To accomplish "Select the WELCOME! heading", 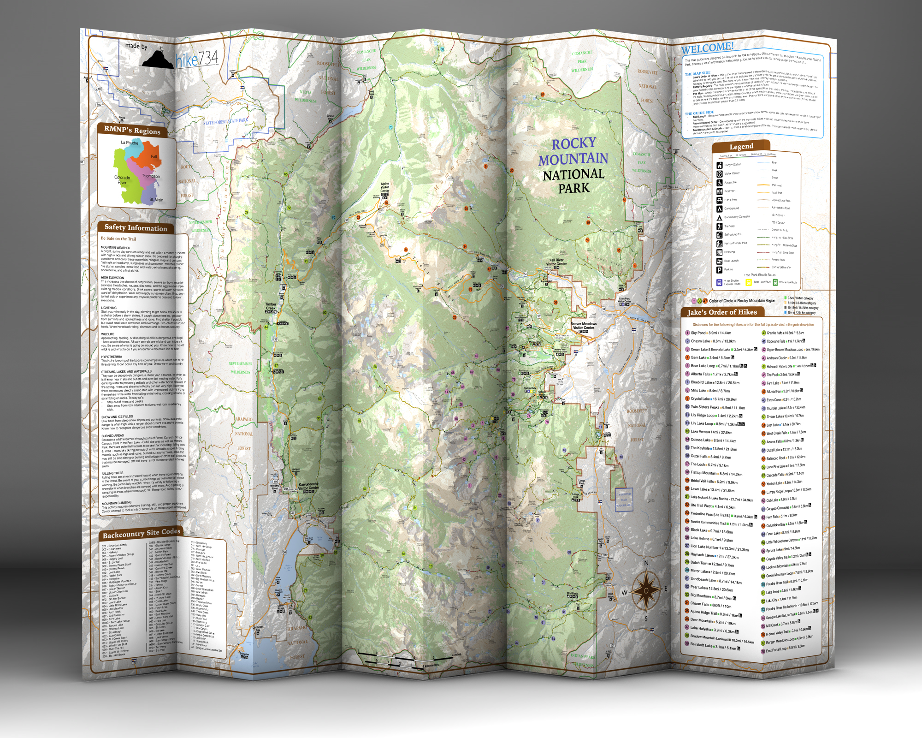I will click(x=707, y=48).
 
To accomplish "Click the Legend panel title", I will click(x=741, y=147).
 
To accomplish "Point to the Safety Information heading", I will click(x=136, y=227).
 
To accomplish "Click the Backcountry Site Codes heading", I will click(x=141, y=534).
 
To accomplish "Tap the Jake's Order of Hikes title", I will click(x=722, y=312).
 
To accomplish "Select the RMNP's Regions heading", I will click(x=132, y=130).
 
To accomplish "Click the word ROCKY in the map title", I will click(x=574, y=144).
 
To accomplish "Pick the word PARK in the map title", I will click(x=574, y=188).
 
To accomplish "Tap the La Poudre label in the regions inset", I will click(x=130, y=143).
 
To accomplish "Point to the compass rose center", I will click(x=646, y=590).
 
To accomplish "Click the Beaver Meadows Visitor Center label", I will click(x=584, y=326).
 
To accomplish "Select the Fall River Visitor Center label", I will click(x=556, y=262).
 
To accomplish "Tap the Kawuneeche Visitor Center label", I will click(x=308, y=486).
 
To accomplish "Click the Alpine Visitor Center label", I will click(x=384, y=187).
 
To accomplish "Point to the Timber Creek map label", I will click(x=271, y=306).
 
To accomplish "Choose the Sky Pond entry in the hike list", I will click(x=698, y=333).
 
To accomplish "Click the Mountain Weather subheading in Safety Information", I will click(x=116, y=248).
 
